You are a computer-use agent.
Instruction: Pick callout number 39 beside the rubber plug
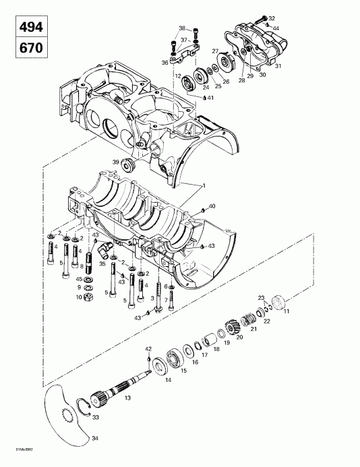tap(116, 162)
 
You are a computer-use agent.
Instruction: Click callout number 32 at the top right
tap(272, 18)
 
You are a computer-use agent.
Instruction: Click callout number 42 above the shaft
tap(149, 348)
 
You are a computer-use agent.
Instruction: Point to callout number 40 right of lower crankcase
tap(213, 206)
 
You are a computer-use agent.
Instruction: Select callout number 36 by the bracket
tap(164, 63)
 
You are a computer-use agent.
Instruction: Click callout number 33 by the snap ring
tap(95, 418)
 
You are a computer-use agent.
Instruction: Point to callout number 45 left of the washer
tap(79, 279)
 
